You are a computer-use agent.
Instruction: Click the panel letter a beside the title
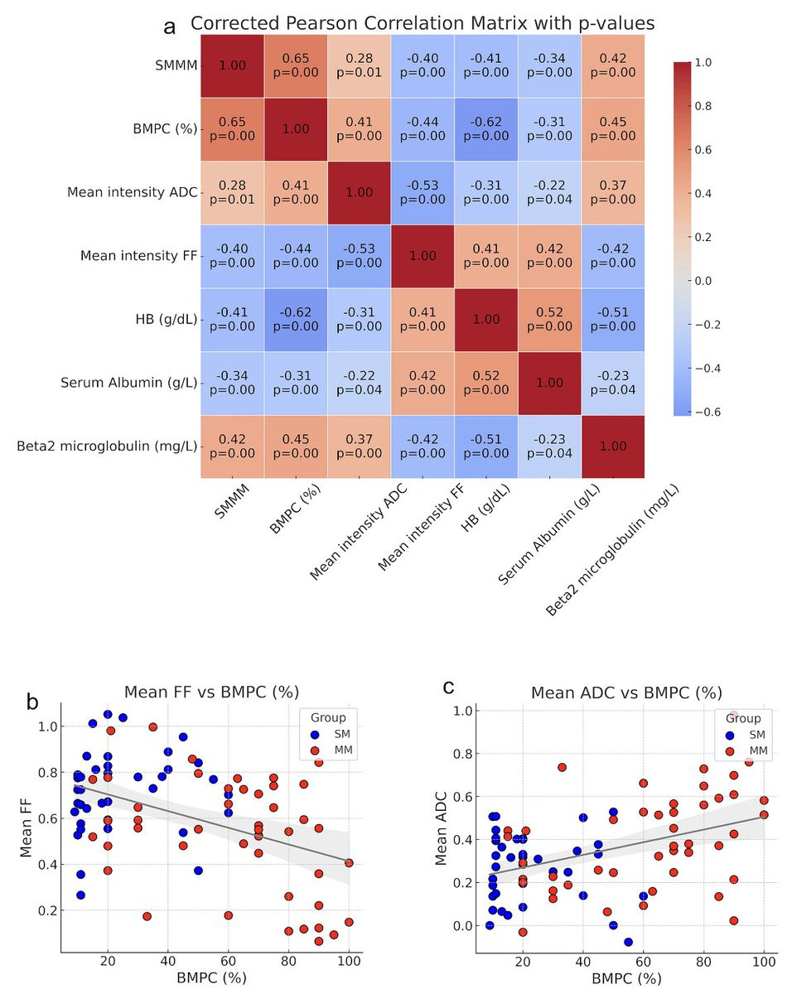pos(170,27)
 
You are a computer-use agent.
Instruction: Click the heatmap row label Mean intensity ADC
pos(132,193)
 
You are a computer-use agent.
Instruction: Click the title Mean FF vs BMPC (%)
pos(211,692)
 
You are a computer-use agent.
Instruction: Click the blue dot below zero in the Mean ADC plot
pos(628,943)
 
